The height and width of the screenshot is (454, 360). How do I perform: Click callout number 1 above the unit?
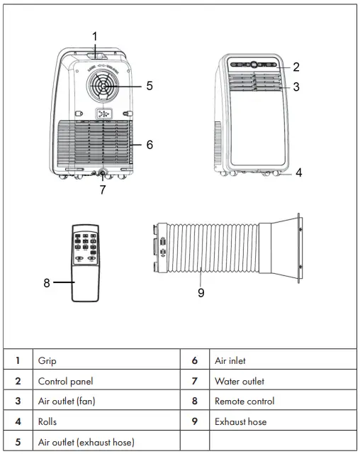(x=96, y=35)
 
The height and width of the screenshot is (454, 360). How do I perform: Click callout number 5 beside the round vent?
(x=150, y=86)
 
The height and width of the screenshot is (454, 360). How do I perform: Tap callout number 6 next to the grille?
(x=150, y=144)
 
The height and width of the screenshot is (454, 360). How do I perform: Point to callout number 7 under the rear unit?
(x=103, y=189)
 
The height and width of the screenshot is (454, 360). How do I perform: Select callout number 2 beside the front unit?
(x=296, y=67)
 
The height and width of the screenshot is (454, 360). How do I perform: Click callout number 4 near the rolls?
(x=298, y=172)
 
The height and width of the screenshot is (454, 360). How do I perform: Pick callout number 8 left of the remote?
(x=47, y=282)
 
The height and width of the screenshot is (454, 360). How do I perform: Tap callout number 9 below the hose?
(x=201, y=292)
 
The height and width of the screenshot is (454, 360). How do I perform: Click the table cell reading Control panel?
(x=65, y=381)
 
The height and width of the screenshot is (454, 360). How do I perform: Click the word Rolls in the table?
(x=47, y=422)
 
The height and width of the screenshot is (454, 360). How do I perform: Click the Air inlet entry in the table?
(x=230, y=361)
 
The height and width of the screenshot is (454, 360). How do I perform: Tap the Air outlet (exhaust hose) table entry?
(x=86, y=442)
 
